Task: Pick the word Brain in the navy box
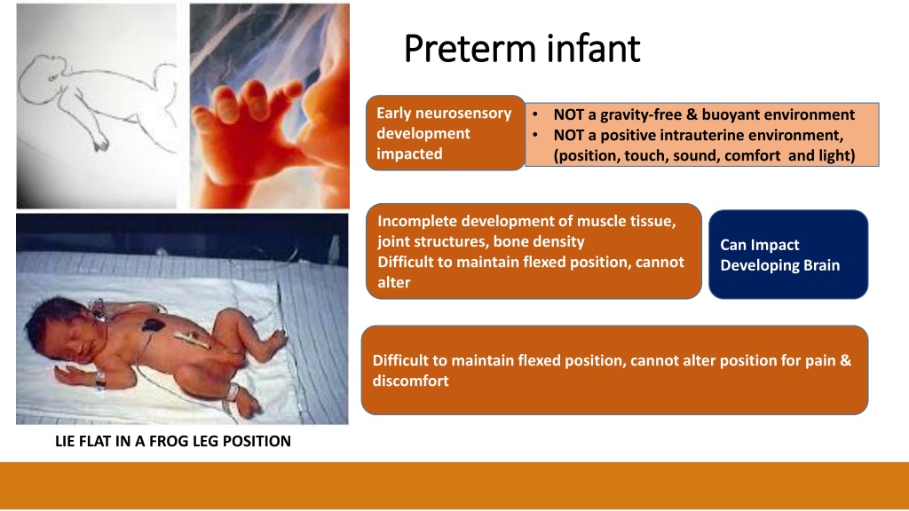click(821, 265)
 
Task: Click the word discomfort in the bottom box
click(410, 381)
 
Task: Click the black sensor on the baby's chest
click(153, 325)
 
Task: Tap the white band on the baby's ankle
click(233, 391)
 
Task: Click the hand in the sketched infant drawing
click(101, 142)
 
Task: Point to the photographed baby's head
click(55, 330)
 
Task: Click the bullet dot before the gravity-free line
click(535, 114)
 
